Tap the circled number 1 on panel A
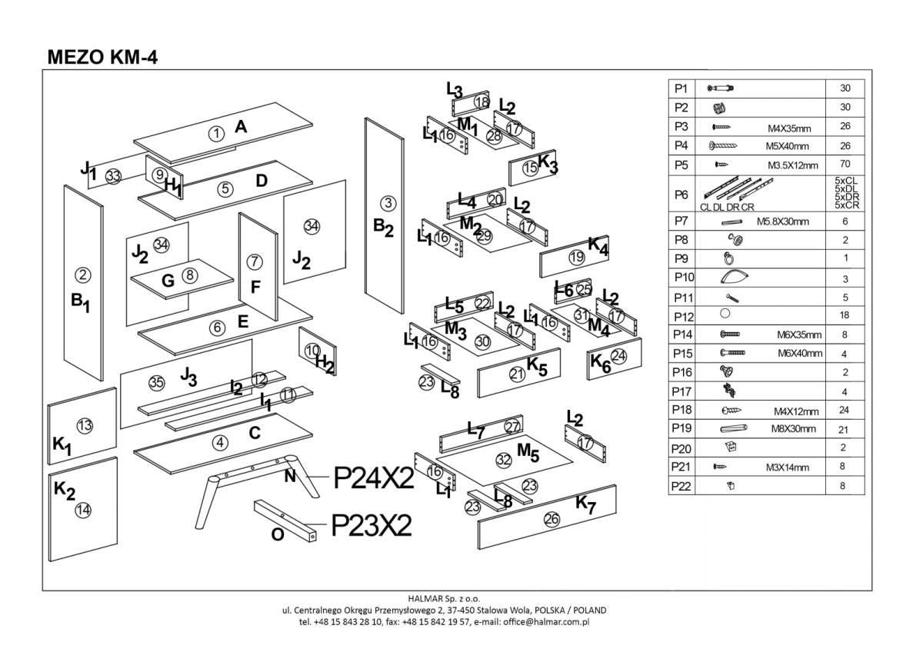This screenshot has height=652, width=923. pos(216,133)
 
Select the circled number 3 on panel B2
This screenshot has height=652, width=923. pos(388,203)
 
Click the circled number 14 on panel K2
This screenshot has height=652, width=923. pos(83,508)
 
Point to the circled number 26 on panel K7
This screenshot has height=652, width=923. pos(551,519)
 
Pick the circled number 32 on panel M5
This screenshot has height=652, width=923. pos(503,460)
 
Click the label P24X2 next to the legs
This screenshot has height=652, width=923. pos(374,478)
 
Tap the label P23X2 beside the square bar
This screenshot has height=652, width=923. pos(372,525)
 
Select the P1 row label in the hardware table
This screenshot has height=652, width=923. pos(681,88)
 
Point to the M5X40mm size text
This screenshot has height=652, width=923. pos(787,146)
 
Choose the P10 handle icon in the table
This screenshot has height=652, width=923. pos(736,277)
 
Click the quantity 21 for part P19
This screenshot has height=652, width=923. pos(845,429)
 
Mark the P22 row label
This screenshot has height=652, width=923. pos(681,486)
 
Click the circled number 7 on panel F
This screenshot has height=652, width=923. pos(255,261)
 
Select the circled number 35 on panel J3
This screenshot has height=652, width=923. pos(156,382)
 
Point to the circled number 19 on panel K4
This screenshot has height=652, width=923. pos(577,258)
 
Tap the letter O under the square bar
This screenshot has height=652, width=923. pos(278,534)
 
